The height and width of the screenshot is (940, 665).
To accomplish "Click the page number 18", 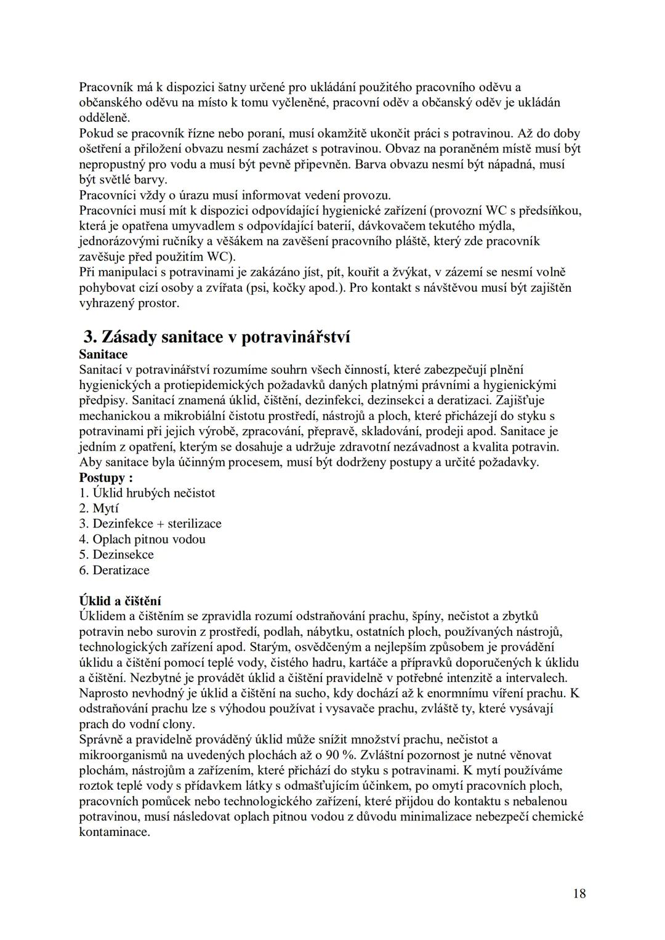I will coord(579,893).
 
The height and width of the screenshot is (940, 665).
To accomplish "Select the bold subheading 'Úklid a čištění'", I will coord(120,601).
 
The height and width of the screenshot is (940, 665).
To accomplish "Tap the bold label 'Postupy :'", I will coord(106,478).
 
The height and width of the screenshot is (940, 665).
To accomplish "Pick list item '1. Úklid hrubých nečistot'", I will coord(147,493).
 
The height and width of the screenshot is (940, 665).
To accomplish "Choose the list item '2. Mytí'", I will coord(99,508).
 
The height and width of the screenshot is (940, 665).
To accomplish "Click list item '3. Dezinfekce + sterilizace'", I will coord(150,524).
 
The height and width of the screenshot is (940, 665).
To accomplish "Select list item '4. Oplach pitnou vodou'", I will coord(142,539).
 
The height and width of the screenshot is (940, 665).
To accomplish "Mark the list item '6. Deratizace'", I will coord(115,570).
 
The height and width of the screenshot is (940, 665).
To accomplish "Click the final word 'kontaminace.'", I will coord(115,832).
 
